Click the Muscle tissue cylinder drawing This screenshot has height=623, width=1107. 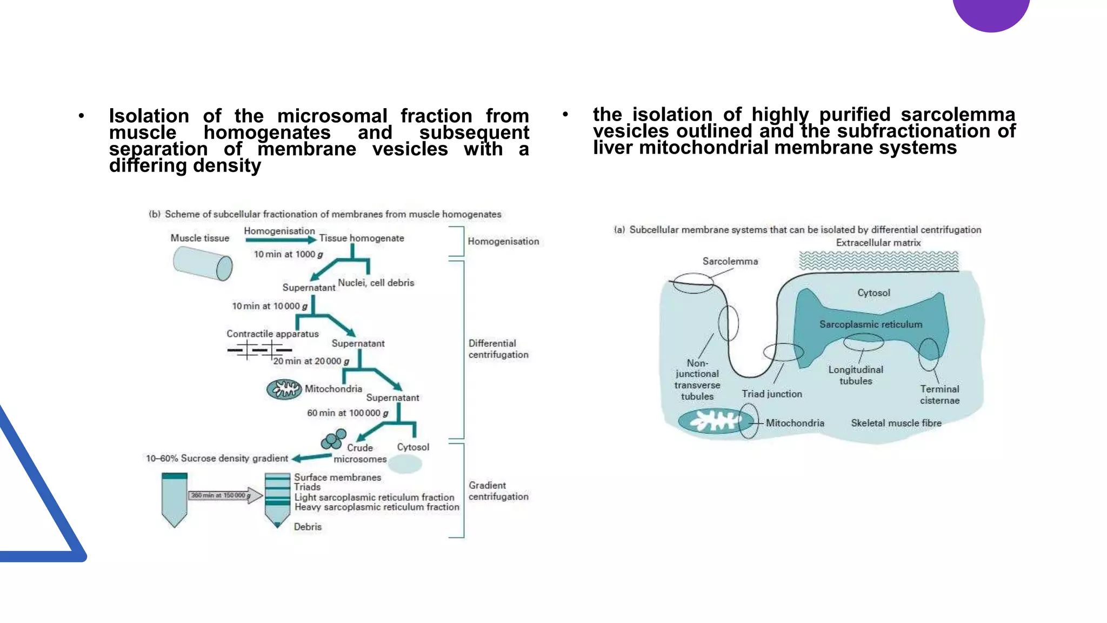(203, 263)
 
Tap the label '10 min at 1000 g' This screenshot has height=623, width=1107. (288, 254)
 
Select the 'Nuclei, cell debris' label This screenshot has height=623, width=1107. (376, 282)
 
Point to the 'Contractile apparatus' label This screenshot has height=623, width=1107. (272, 334)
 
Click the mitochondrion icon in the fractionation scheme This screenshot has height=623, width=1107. (284, 389)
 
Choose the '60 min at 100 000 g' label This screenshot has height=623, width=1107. (348, 413)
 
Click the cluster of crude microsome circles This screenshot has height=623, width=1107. (334, 439)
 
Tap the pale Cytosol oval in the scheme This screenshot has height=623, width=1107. (405, 464)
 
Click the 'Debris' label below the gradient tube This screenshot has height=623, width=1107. (308, 527)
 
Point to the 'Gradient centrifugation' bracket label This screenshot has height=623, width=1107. (498, 491)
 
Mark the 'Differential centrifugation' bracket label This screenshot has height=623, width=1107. (498, 349)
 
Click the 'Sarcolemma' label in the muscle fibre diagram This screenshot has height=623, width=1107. (730, 261)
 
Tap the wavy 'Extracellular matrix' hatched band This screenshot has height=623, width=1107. (878, 261)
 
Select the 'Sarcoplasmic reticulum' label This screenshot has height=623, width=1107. (870, 324)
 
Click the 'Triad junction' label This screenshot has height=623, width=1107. (771, 394)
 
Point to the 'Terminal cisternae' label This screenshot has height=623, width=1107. (939, 395)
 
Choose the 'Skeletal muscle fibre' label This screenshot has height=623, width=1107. (896, 423)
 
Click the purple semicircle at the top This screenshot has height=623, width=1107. (991, 14)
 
